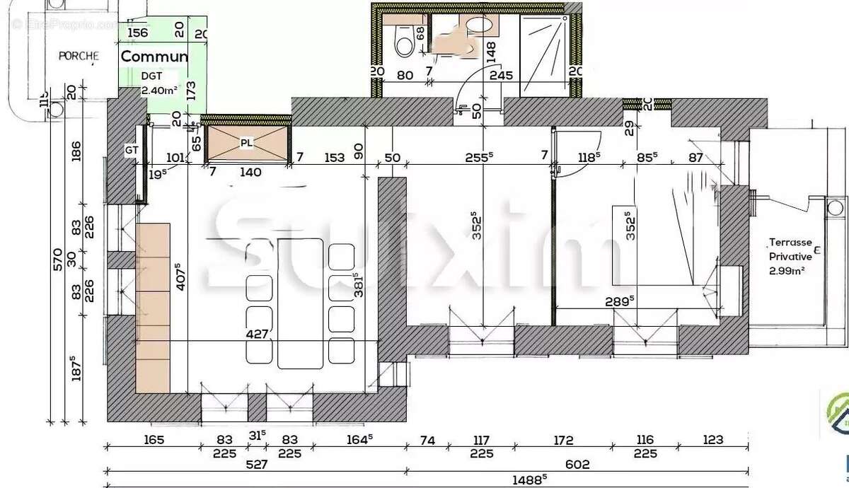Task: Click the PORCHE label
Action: tap(78, 56)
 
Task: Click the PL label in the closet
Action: tap(246, 144)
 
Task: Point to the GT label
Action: tap(132, 151)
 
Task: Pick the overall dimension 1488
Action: tap(531, 479)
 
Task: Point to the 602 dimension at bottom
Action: tap(577, 465)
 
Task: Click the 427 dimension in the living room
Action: tap(257, 333)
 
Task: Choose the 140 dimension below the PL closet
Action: tap(250, 172)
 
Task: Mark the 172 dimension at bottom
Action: tap(562, 440)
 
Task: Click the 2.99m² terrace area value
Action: tap(787, 270)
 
